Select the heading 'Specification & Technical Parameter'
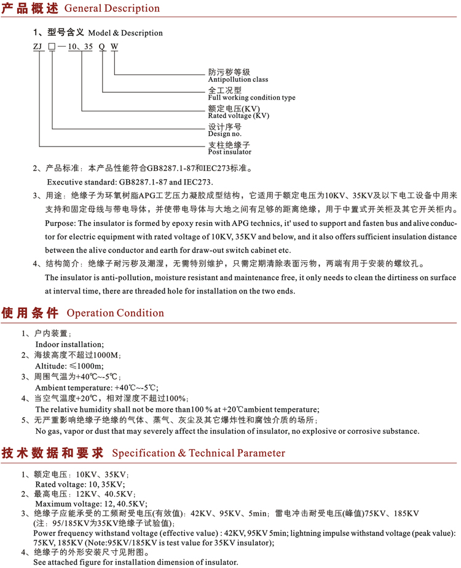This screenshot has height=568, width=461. pyautogui.click(x=198, y=453)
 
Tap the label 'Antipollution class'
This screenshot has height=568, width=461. pyautogui.click(x=238, y=79)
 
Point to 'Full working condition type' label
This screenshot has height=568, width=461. pyautogui.click(x=251, y=98)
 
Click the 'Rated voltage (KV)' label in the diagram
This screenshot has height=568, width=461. pyautogui.click(x=238, y=116)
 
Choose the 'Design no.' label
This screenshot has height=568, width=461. pyautogui.click(x=224, y=134)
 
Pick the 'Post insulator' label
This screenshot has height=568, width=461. pyautogui.click(x=229, y=151)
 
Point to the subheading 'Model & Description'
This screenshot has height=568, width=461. pyautogui.click(x=125, y=33)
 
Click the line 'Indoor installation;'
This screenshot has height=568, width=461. pyautogui.click(x=69, y=344)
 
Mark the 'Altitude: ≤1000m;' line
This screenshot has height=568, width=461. pyautogui.click(x=69, y=366)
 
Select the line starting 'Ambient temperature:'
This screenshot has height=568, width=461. pyautogui.click(x=97, y=388)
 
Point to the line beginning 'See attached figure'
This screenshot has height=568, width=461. pyautogui.click(x=135, y=562)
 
